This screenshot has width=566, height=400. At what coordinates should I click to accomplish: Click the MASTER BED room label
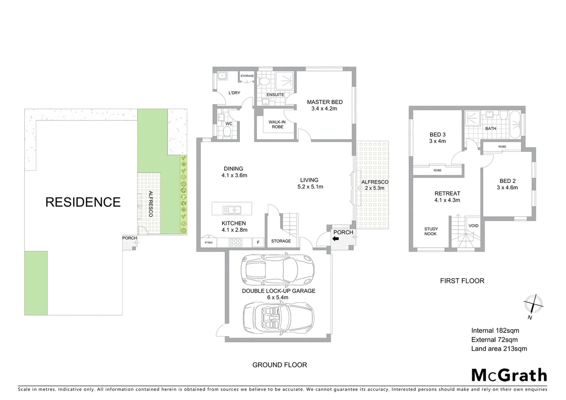[324, 102]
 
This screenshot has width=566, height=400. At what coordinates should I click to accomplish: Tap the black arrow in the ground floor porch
[336, 239]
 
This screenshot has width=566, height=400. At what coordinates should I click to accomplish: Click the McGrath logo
[509, 375]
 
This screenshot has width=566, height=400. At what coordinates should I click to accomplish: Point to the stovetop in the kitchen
[236, 243]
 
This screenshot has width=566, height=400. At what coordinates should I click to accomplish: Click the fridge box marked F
[258, 243]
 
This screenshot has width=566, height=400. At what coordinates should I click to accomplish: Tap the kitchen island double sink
[232, 210]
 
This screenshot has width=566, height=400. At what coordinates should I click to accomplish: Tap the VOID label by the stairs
[473, 226]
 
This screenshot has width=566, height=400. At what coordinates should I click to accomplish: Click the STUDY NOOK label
[431, 231]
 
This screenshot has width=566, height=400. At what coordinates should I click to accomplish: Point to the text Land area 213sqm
[499, 349]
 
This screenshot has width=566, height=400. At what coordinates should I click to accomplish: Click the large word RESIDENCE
[83, 202]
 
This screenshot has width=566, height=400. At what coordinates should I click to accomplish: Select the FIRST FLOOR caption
[462, 281]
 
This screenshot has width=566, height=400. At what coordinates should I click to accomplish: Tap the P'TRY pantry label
[209, 243]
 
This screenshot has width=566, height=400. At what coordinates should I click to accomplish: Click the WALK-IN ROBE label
[277, 124]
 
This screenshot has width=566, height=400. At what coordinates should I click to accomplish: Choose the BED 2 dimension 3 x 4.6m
[507, 187]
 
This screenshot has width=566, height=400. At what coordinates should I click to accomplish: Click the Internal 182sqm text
[495, 330]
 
